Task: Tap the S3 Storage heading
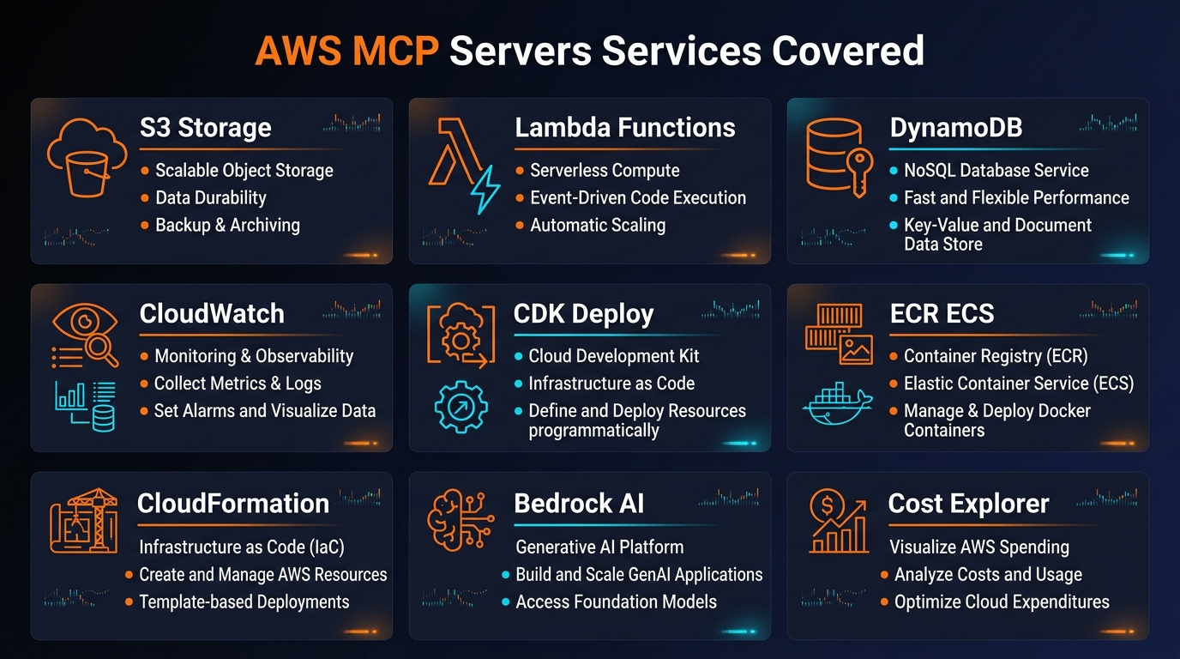[206, 127]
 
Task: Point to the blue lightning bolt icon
[485, 189]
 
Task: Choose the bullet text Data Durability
[211, 197]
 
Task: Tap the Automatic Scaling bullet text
[598, 225]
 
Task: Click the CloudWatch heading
[212, 313]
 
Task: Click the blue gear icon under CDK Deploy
[461, 406]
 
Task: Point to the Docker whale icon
[837, 402]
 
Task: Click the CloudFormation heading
[233, 503]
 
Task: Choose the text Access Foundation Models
[616, 602]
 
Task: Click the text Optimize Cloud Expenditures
[1002, 602]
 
